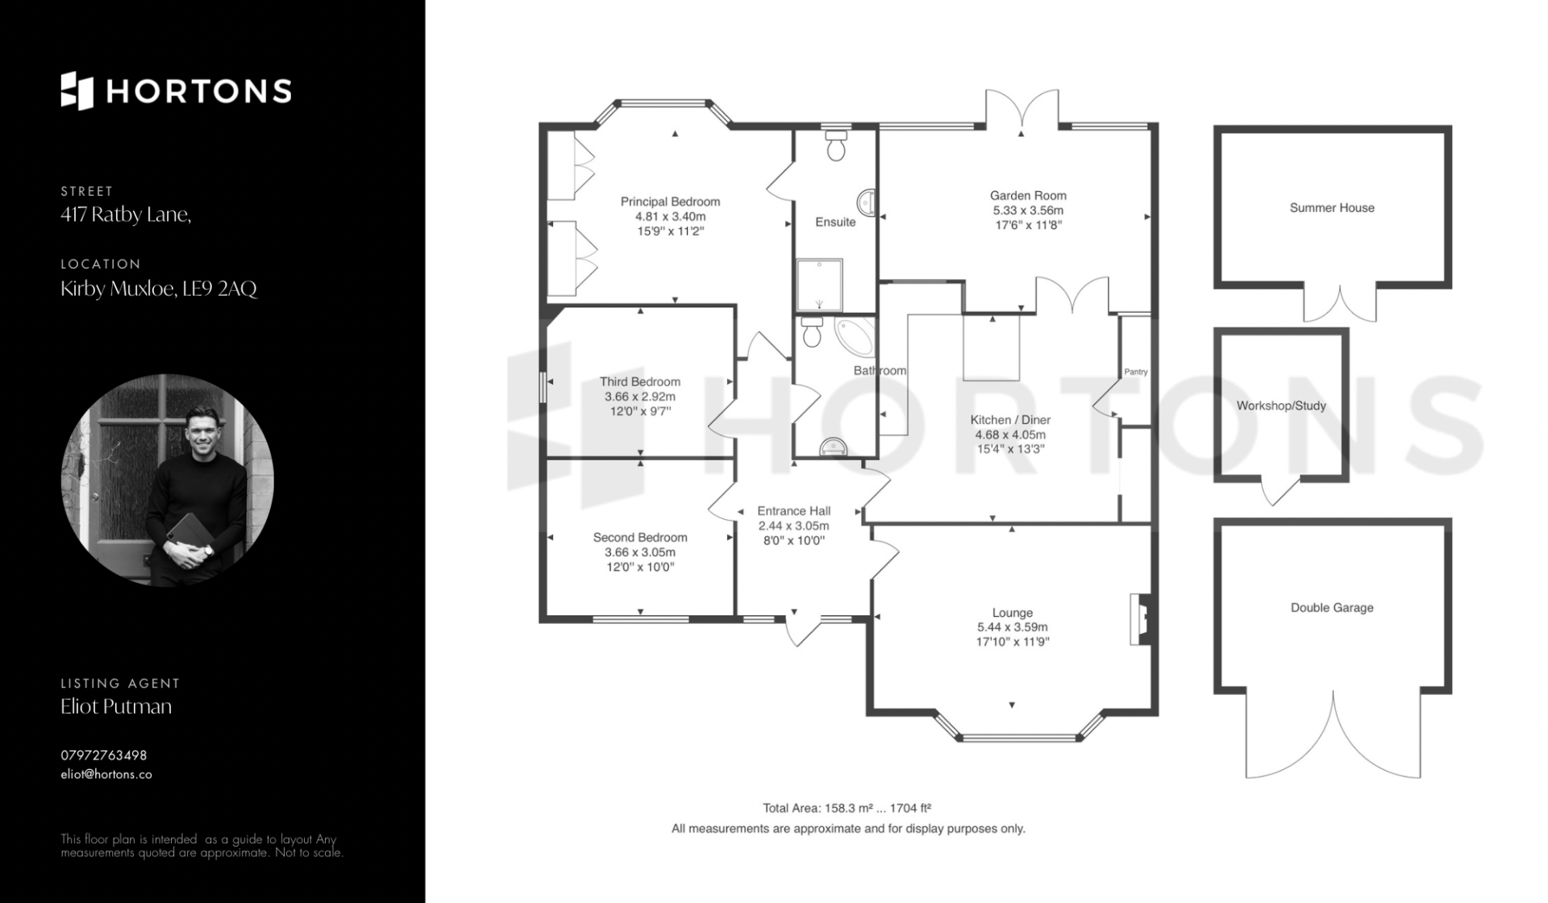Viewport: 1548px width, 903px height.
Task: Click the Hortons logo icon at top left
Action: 77,90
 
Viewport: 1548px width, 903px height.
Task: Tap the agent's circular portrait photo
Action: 168,480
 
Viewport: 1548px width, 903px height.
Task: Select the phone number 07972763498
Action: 104,755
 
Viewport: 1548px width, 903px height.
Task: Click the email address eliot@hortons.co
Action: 106,774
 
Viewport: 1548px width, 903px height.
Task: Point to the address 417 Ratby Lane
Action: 126,214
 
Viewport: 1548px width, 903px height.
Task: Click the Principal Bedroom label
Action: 670,202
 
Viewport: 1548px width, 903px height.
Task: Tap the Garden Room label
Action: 1028,195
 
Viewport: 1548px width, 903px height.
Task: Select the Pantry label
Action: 1135,372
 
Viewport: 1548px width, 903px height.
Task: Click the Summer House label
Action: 1332,207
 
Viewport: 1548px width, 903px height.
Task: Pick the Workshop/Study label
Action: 1281,406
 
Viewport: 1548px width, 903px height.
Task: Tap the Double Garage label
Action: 1332,607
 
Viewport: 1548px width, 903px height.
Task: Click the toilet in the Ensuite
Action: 836,145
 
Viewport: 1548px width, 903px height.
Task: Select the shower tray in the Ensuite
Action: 820,285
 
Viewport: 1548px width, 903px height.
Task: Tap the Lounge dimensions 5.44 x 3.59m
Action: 1012,627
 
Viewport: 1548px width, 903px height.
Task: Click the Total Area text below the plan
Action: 847,808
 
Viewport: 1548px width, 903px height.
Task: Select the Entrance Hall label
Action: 793,510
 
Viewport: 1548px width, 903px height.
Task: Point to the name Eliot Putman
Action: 116,706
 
